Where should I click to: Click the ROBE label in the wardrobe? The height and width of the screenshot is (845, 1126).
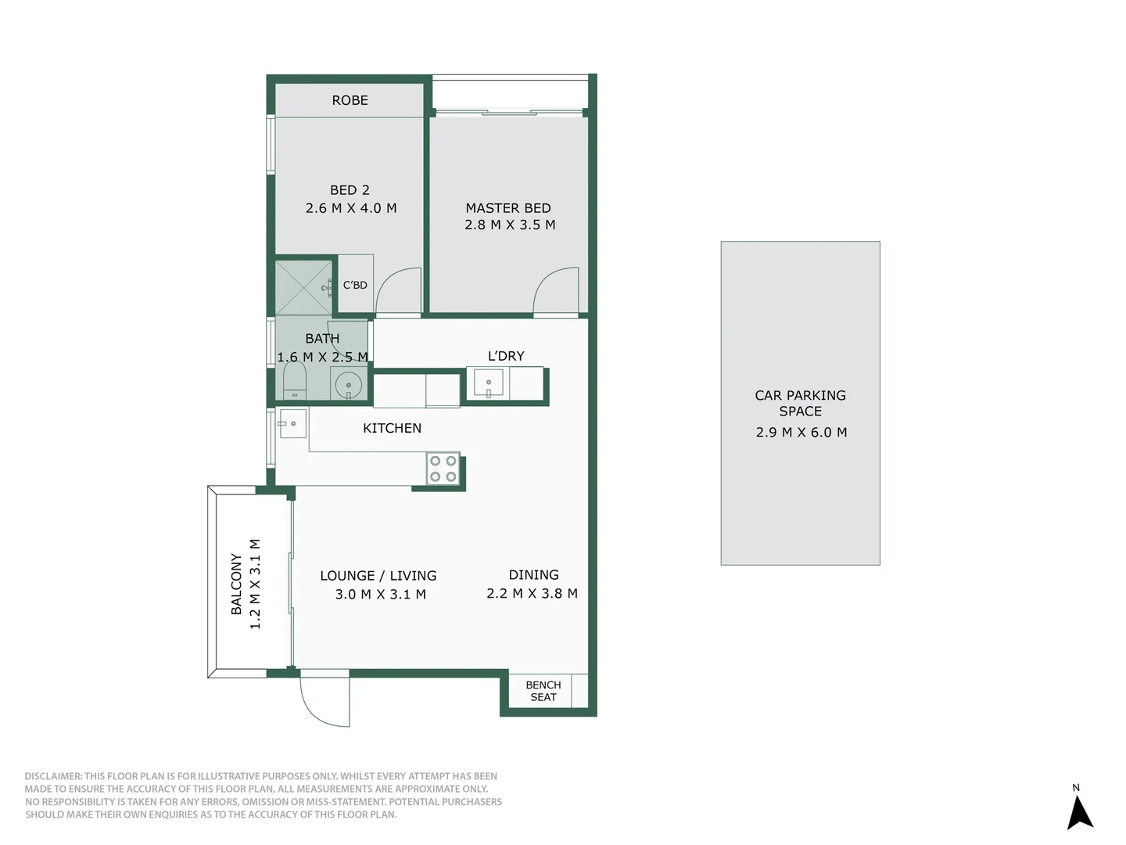[350, 100]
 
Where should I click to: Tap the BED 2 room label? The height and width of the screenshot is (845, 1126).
[350, 190]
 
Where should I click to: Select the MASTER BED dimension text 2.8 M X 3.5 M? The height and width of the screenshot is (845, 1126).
[510, 225]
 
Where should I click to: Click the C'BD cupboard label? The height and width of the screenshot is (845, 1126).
[355, 285]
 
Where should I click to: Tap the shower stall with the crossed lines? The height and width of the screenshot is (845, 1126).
[303, 288]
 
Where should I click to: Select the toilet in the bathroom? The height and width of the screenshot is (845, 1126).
[294, 381]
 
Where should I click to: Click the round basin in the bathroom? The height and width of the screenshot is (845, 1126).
[348, 385]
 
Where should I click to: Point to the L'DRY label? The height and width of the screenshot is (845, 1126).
[506, 356]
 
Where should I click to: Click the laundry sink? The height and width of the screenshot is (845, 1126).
[489, 383]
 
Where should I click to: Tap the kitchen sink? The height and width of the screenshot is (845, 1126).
[292, 423]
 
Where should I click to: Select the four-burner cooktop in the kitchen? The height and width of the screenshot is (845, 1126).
[443, 469]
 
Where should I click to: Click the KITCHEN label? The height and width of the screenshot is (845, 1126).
[392, 428]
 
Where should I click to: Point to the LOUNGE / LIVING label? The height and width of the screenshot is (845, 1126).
[378, 576]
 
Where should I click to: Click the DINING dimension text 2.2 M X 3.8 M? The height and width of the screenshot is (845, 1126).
[532, 594]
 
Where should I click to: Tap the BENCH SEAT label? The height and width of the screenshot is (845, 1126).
[543, 691]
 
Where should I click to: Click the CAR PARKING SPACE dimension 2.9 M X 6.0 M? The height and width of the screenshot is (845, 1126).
[801, 433]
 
